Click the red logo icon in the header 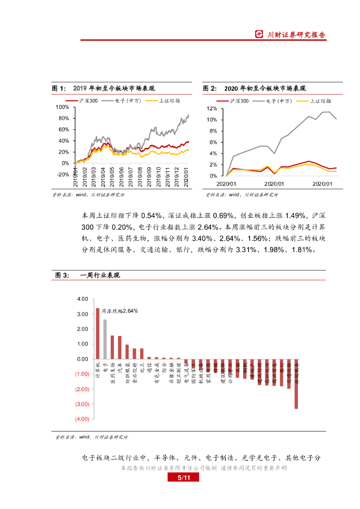(x=259, y=34)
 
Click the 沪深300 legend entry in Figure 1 (x=87, y=100)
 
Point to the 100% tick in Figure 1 (x=62, y=107)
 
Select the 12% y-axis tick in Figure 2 (x=212, y=108)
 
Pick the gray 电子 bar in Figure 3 (x=105, y=339)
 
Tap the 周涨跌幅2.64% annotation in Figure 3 (x=120, y=311)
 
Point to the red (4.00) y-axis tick (x=82, y=419)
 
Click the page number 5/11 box (x=181, y=478)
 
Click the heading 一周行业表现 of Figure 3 (x=100, y=275)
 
